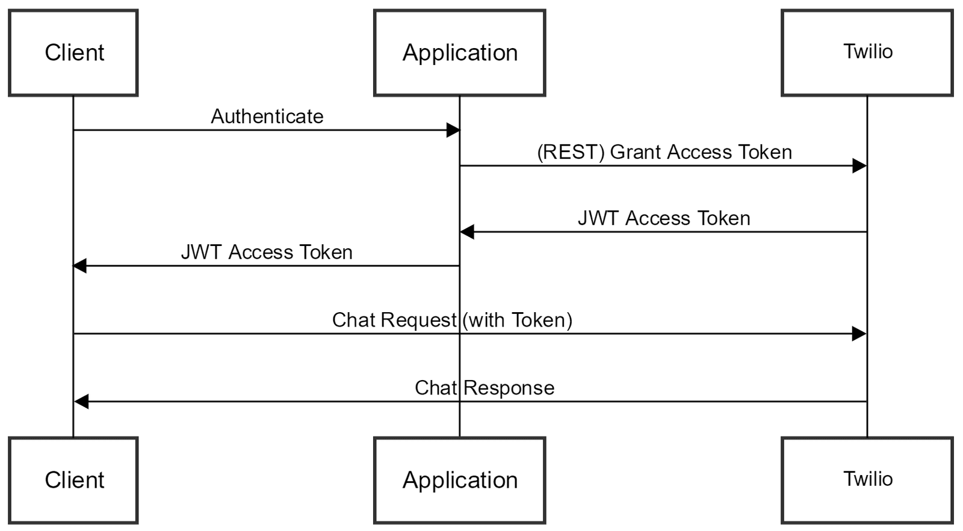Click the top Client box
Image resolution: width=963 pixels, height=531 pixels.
click(73, 53)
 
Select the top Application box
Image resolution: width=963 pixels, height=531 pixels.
click(459, 53)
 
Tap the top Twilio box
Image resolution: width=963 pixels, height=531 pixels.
click(867, 53)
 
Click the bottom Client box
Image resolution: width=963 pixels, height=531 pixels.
click(73, 480)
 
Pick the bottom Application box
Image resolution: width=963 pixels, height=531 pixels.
click(459, 480)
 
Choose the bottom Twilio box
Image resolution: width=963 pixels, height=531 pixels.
click(867, 480)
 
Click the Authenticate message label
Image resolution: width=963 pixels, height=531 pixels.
click(267, 116)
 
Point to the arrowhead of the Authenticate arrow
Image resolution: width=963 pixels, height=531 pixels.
click(453, 130)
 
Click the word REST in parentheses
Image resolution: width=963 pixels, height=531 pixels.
click(571, 152)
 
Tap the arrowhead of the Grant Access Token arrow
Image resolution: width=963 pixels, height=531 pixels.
click(859, 166)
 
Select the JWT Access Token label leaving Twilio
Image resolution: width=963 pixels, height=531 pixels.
click(664, 218)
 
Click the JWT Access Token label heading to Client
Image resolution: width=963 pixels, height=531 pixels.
click(267, 252)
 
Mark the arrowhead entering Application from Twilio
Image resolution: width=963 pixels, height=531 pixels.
click(468, 232)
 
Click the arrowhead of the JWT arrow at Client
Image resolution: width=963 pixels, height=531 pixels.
click(81, 266)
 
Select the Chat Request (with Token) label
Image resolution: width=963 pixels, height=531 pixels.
click(452, 320)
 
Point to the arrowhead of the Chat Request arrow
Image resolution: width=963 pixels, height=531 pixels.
click(859, 334)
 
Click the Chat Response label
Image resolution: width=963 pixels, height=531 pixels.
click(485, 388)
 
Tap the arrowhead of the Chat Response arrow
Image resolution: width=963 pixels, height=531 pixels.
click(81, 402)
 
